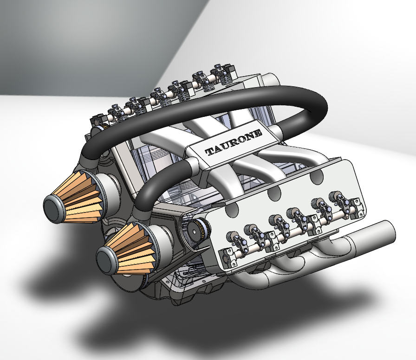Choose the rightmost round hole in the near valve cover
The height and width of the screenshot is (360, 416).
point(317,175)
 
